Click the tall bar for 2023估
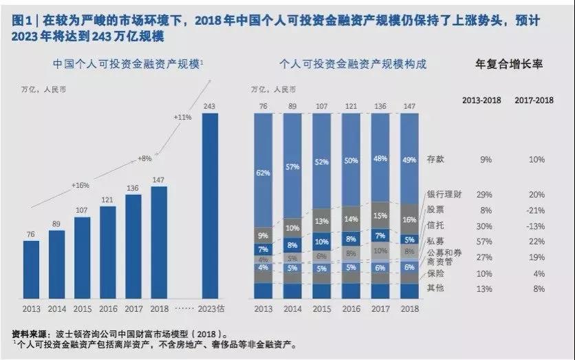tap(210, 206)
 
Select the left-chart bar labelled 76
tap(31, 270)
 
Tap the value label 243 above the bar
tap(209, 107)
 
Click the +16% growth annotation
tap(80, 185)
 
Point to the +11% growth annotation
tap(183, 117)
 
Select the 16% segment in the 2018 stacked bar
tap(409, 219)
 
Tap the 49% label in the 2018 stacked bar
tap(409, 160)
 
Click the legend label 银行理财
tap(444, 195)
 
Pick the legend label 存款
tap(435, 159)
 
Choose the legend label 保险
tap(435, 273)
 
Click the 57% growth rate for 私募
tap(484, 242)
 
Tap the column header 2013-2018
tap(481, 100)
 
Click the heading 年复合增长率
tap(509, 64)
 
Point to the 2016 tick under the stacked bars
tap(351, 309)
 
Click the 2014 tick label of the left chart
tap(57, 309)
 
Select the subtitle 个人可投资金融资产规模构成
tap(353, 64)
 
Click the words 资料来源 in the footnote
tap(30, 335)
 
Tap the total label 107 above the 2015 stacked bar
tap(322, 107)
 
